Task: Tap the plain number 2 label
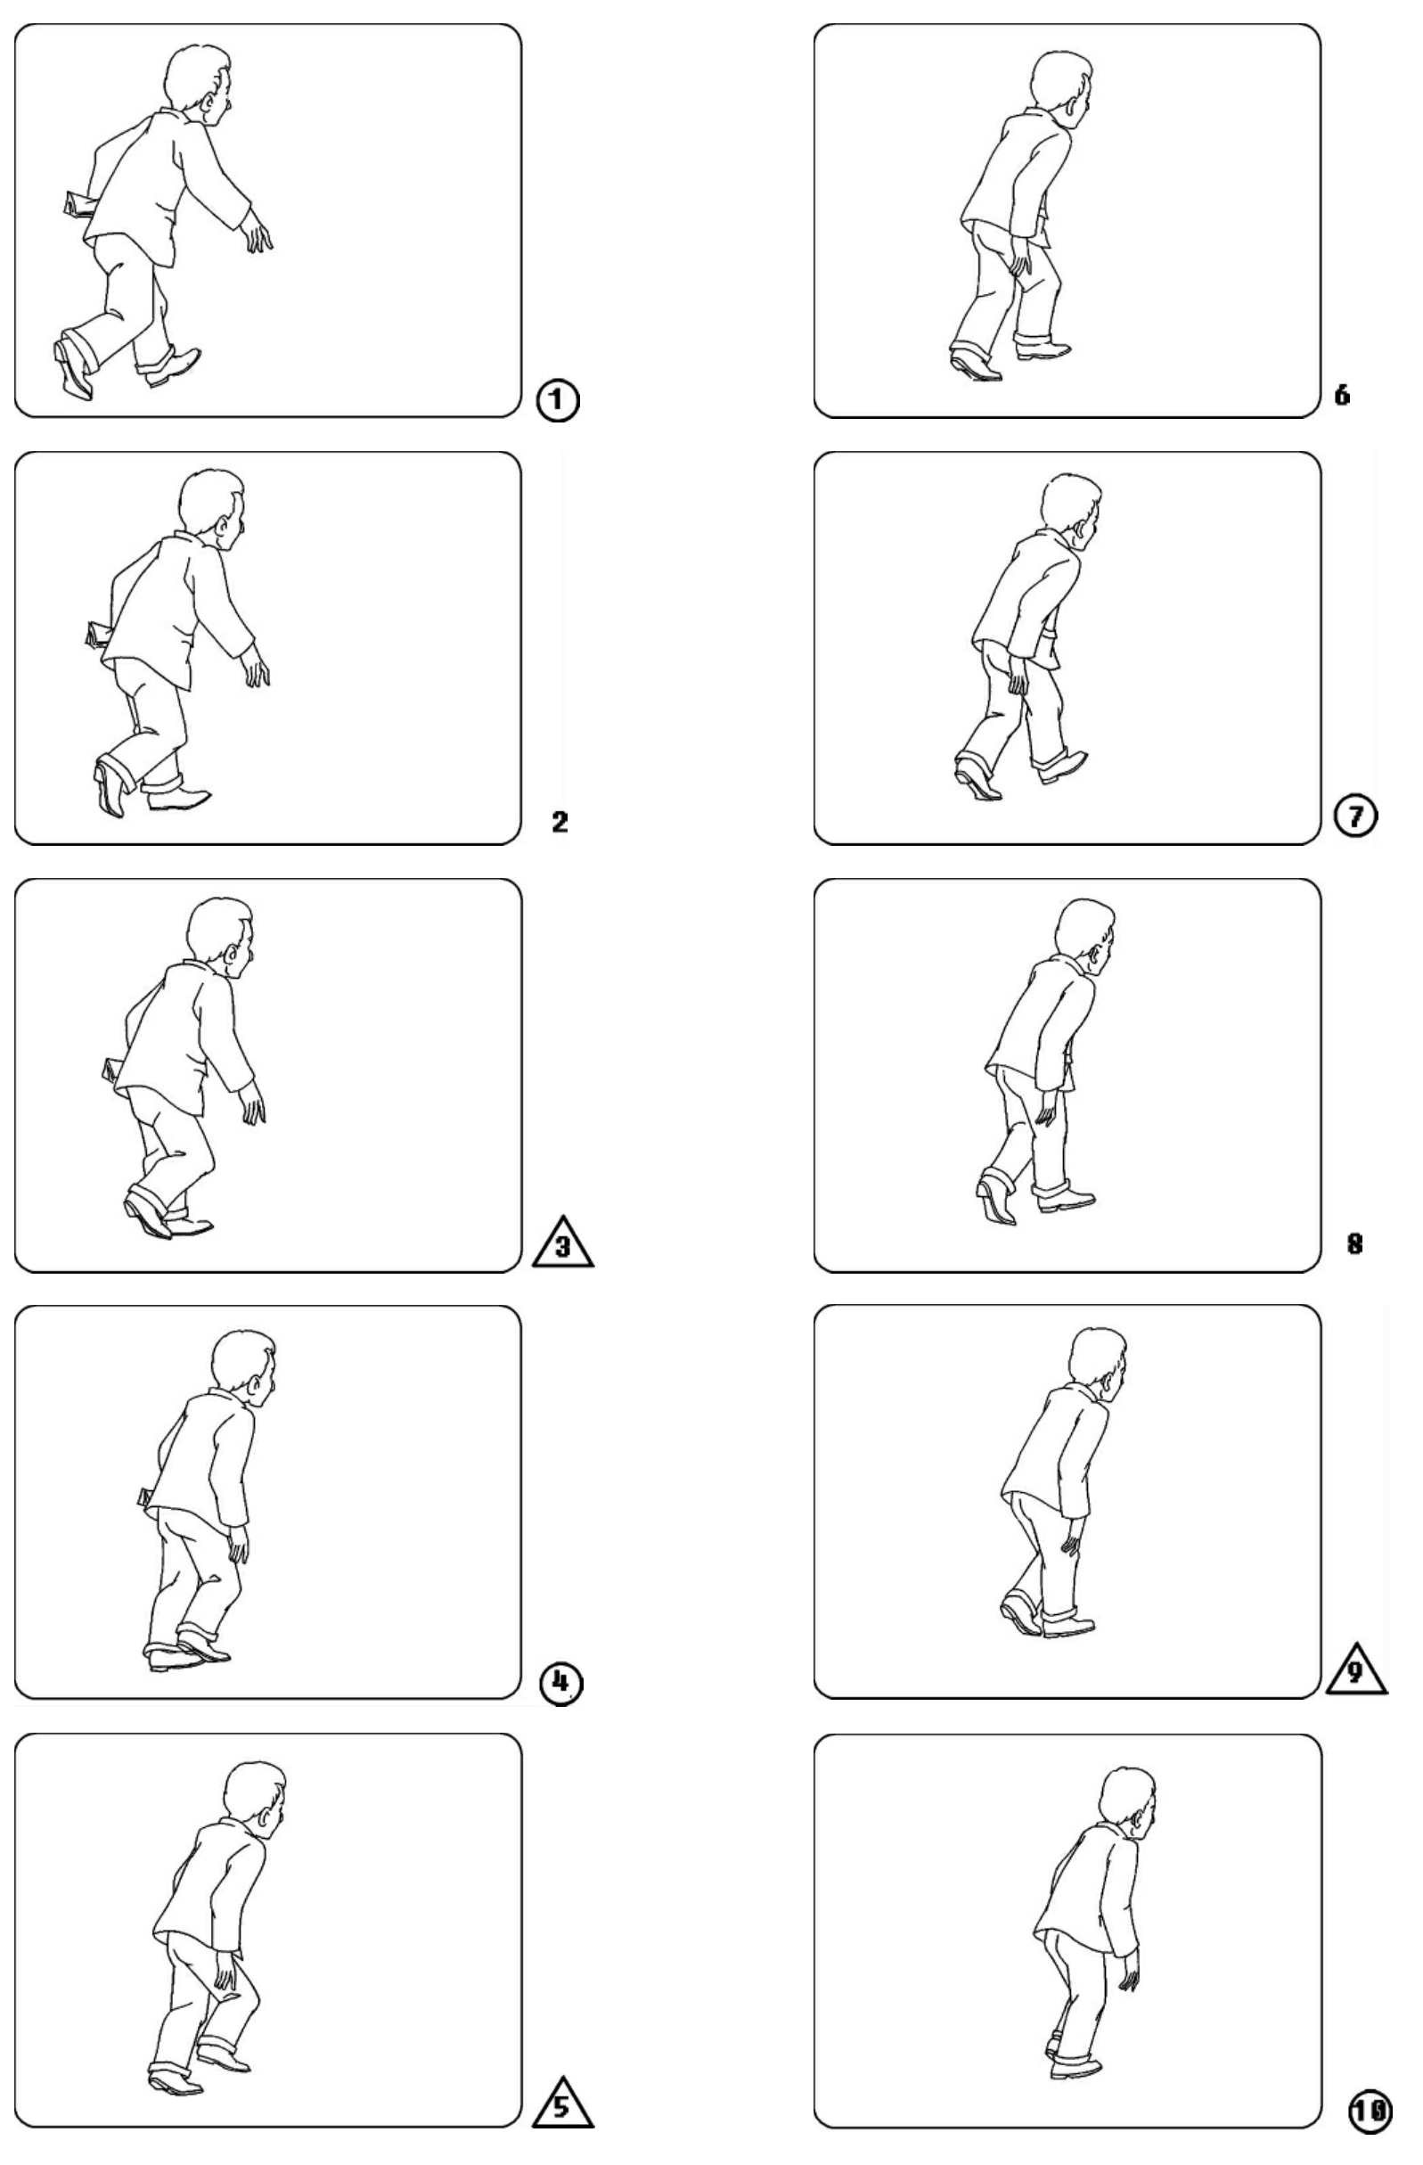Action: (560, 823)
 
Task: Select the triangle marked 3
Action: (563, 1242)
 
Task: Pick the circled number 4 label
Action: (561, 1683)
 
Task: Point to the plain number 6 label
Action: (1342, 395)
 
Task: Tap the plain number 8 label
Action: (1353, 1244)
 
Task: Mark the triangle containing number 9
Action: (1355, 1670)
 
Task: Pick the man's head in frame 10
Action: (1128, 1807)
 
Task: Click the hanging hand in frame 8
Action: (1048, 1111)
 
